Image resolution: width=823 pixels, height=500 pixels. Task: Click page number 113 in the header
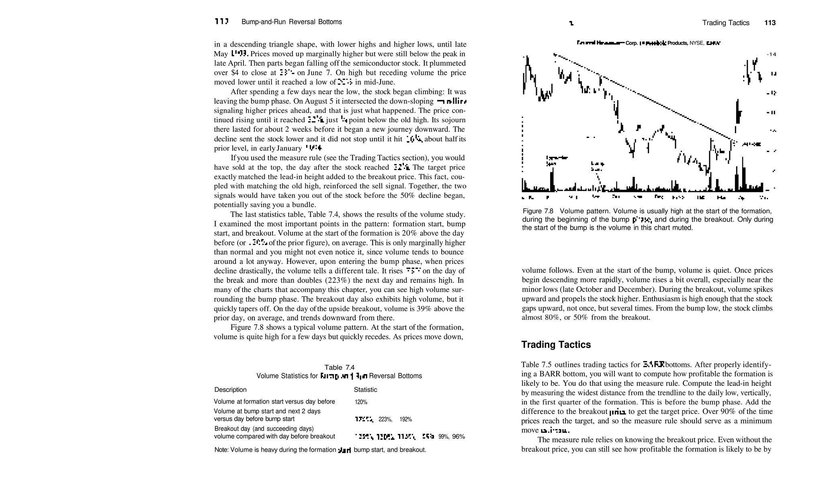(x=770, y=23)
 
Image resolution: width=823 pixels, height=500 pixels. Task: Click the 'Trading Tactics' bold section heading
(x=556, y=345)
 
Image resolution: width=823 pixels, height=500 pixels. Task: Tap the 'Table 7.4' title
(x=339, y=367)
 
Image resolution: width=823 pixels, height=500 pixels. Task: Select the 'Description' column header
(x=230, y=389)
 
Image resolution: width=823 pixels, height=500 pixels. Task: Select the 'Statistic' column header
(x=365, y=389)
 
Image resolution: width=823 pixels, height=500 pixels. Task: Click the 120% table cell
(x=361, y=402)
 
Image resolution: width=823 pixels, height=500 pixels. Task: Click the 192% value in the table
(x=405, y=419)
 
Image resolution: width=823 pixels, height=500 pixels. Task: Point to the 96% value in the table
(x=459, y=436)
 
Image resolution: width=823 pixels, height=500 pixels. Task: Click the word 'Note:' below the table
(x=221, y=450)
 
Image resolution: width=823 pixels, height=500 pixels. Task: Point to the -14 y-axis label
(x=771, y=54)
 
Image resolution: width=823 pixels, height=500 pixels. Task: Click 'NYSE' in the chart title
(x=696, y=43)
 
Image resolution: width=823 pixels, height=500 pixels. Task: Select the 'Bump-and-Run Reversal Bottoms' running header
(x=291, y=22)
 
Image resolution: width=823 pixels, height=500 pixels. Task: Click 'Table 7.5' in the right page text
(x=536, y=365)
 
